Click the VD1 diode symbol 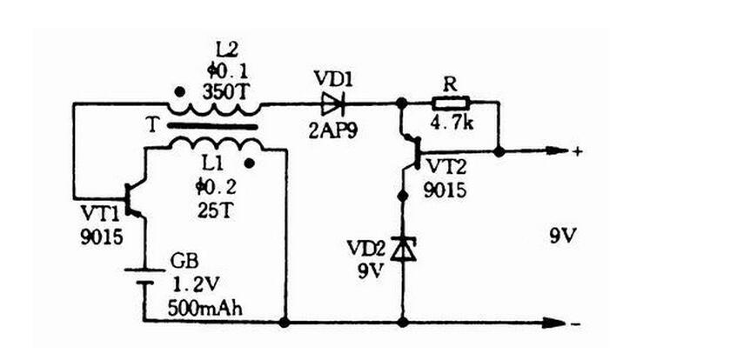tap(334, 103)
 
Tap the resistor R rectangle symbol tap(450, 103)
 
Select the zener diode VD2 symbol tap(403, 249)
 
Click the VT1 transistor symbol tap(134, 201)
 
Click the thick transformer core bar tap(213, 126)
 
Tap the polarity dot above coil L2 tap(178, 91)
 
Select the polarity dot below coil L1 tap(251, 163)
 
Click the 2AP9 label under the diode tap(332, 130)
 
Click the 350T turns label tap(224, 91)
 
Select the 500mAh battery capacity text tap(205, 309)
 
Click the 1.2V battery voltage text tap(196, 283)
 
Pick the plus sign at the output tap(578, 151)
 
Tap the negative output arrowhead tap(553, 323)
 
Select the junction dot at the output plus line tap(499, 152)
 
